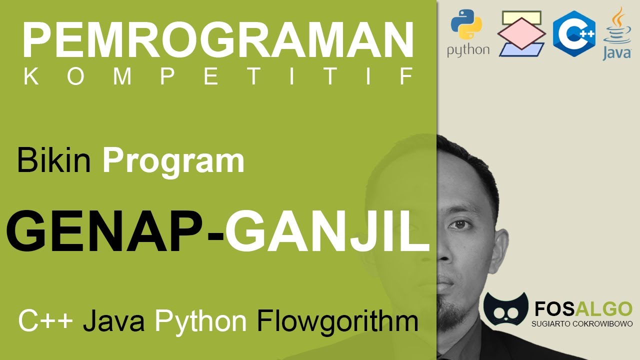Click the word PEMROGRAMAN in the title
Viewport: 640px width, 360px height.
[x=218, y=39]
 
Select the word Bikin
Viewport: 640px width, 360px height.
[x=53, y=160]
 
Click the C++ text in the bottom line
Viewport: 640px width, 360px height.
[x=45, y=321]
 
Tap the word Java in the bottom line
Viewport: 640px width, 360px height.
[x=113, y=321]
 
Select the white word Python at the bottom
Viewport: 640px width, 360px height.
[x=201, y=322]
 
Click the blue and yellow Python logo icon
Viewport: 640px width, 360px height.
[x=466, y=24]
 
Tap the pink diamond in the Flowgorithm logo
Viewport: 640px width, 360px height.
[x=521, y=33]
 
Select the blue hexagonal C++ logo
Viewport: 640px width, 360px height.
[x=574, y=33]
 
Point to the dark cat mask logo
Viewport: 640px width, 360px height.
[x=505, y=309]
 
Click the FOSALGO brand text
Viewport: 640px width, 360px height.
[x=583, y=309]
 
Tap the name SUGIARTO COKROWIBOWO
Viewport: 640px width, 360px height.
[x=582, y=323]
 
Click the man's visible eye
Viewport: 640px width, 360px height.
[x=460, y=224]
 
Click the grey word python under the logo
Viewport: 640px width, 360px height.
[x=468, y=50]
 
